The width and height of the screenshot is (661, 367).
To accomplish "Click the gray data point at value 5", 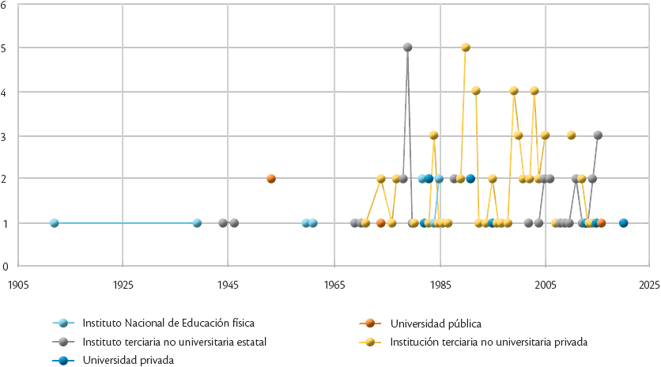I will click(x=408, y=47).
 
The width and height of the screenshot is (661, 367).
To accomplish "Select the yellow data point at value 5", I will click(x=466, y=47).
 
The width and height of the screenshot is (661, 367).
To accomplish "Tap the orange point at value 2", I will click(x=271, y=179).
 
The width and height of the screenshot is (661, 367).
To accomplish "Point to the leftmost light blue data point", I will click(x=55, y=223).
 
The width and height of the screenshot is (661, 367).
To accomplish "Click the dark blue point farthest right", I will click(x=624, y=223).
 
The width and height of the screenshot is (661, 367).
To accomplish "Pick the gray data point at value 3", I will click(x=598, y=135).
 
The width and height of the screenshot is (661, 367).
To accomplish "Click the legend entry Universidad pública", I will click(x=436, y=323).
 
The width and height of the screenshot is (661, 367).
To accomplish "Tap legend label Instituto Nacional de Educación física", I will click(x=168, y=323).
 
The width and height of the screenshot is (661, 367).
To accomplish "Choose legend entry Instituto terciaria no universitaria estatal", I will click(x=174, y=342).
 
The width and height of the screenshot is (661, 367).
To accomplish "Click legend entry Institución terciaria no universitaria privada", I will click(x=489, y=342).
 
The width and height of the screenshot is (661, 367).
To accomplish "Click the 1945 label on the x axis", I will click(x=228, y=282).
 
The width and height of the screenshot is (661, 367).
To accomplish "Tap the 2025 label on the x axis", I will click(x=649, y=282).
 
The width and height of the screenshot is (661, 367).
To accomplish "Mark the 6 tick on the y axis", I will click(x=4, y=5).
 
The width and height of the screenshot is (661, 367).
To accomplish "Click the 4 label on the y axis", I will click(x=4, y=92).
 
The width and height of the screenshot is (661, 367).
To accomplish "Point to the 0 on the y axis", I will click(x=4, y=267).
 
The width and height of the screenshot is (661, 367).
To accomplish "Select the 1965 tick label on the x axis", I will click(x=334, y=282).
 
